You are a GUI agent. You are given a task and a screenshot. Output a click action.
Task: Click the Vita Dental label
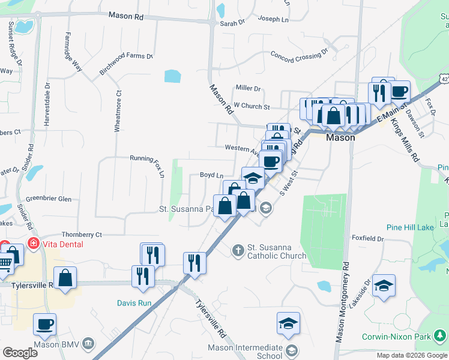62,244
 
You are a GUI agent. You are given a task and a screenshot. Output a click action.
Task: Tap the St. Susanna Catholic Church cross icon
238,249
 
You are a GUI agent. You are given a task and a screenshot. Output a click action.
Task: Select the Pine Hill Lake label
410,227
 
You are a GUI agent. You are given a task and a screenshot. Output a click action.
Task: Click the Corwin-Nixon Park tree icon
441,336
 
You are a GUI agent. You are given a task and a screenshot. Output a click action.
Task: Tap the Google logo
19,352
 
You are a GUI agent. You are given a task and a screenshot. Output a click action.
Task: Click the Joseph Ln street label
274,19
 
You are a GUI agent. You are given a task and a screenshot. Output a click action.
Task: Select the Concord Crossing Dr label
299,55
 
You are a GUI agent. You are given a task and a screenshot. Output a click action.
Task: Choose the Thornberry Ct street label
82,235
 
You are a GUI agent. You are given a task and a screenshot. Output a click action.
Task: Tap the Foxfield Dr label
367,238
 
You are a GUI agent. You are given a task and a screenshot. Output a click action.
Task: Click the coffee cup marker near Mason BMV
44,325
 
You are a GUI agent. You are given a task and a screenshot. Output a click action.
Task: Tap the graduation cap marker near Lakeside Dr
384,285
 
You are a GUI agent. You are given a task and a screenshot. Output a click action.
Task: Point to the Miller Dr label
248,88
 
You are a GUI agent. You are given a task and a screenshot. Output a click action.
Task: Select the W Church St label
252,106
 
